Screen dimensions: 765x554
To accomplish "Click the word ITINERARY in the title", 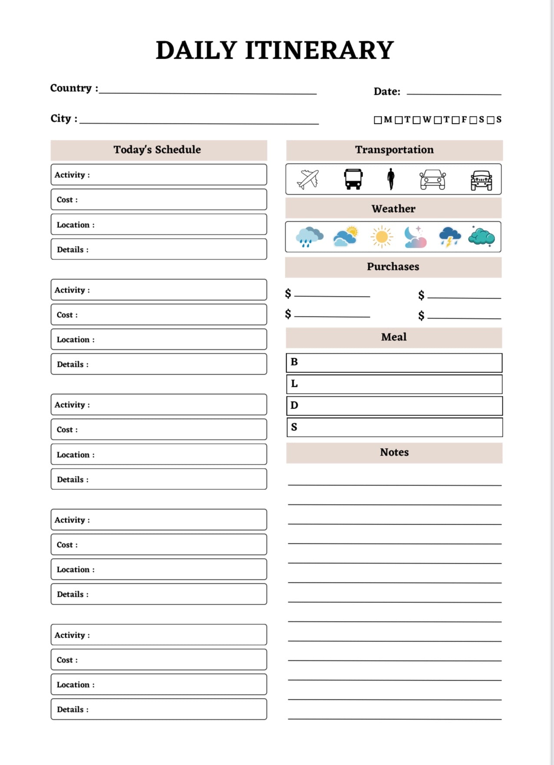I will [x=320, y=50].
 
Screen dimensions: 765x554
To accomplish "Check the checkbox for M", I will [x=378, y=120].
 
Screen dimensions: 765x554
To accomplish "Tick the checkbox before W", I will [x=417, y=120].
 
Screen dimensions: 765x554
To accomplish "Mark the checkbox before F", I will [x=455, y=120].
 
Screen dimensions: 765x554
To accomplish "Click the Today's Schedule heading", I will [x=157, y=150].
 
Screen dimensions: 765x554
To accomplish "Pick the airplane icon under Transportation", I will [x=308, y=179].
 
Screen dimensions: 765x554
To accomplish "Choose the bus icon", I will [x=353, y=179].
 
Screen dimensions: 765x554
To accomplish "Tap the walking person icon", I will [x=391, y=179].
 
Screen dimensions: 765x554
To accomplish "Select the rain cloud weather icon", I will [x=309, y=237].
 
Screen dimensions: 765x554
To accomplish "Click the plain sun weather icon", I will [x=382, y=237].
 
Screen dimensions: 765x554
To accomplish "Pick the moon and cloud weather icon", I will [x=415, y=237].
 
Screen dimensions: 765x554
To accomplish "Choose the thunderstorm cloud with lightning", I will [x=449, y=237].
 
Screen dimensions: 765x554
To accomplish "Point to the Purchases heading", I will [x=393, y=267].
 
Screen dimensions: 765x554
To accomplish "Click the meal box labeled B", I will [x=394, y=363].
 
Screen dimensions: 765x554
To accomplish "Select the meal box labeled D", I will [x=394, y=406].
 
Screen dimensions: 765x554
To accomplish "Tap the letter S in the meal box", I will [x=294, y=427].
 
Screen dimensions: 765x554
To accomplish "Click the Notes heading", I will [x=394, y=452].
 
